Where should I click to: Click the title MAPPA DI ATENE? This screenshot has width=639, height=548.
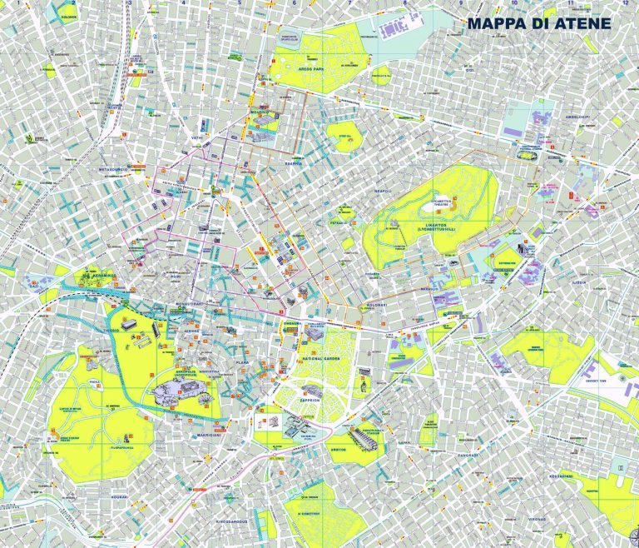tap(538, 23)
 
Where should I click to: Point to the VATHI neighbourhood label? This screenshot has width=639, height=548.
tap(197, 137)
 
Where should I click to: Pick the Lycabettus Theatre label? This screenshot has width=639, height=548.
tap(440, 202)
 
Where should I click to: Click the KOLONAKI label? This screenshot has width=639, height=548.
tap(376, 306)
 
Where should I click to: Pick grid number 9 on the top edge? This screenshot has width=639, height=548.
tap(460, 3)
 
